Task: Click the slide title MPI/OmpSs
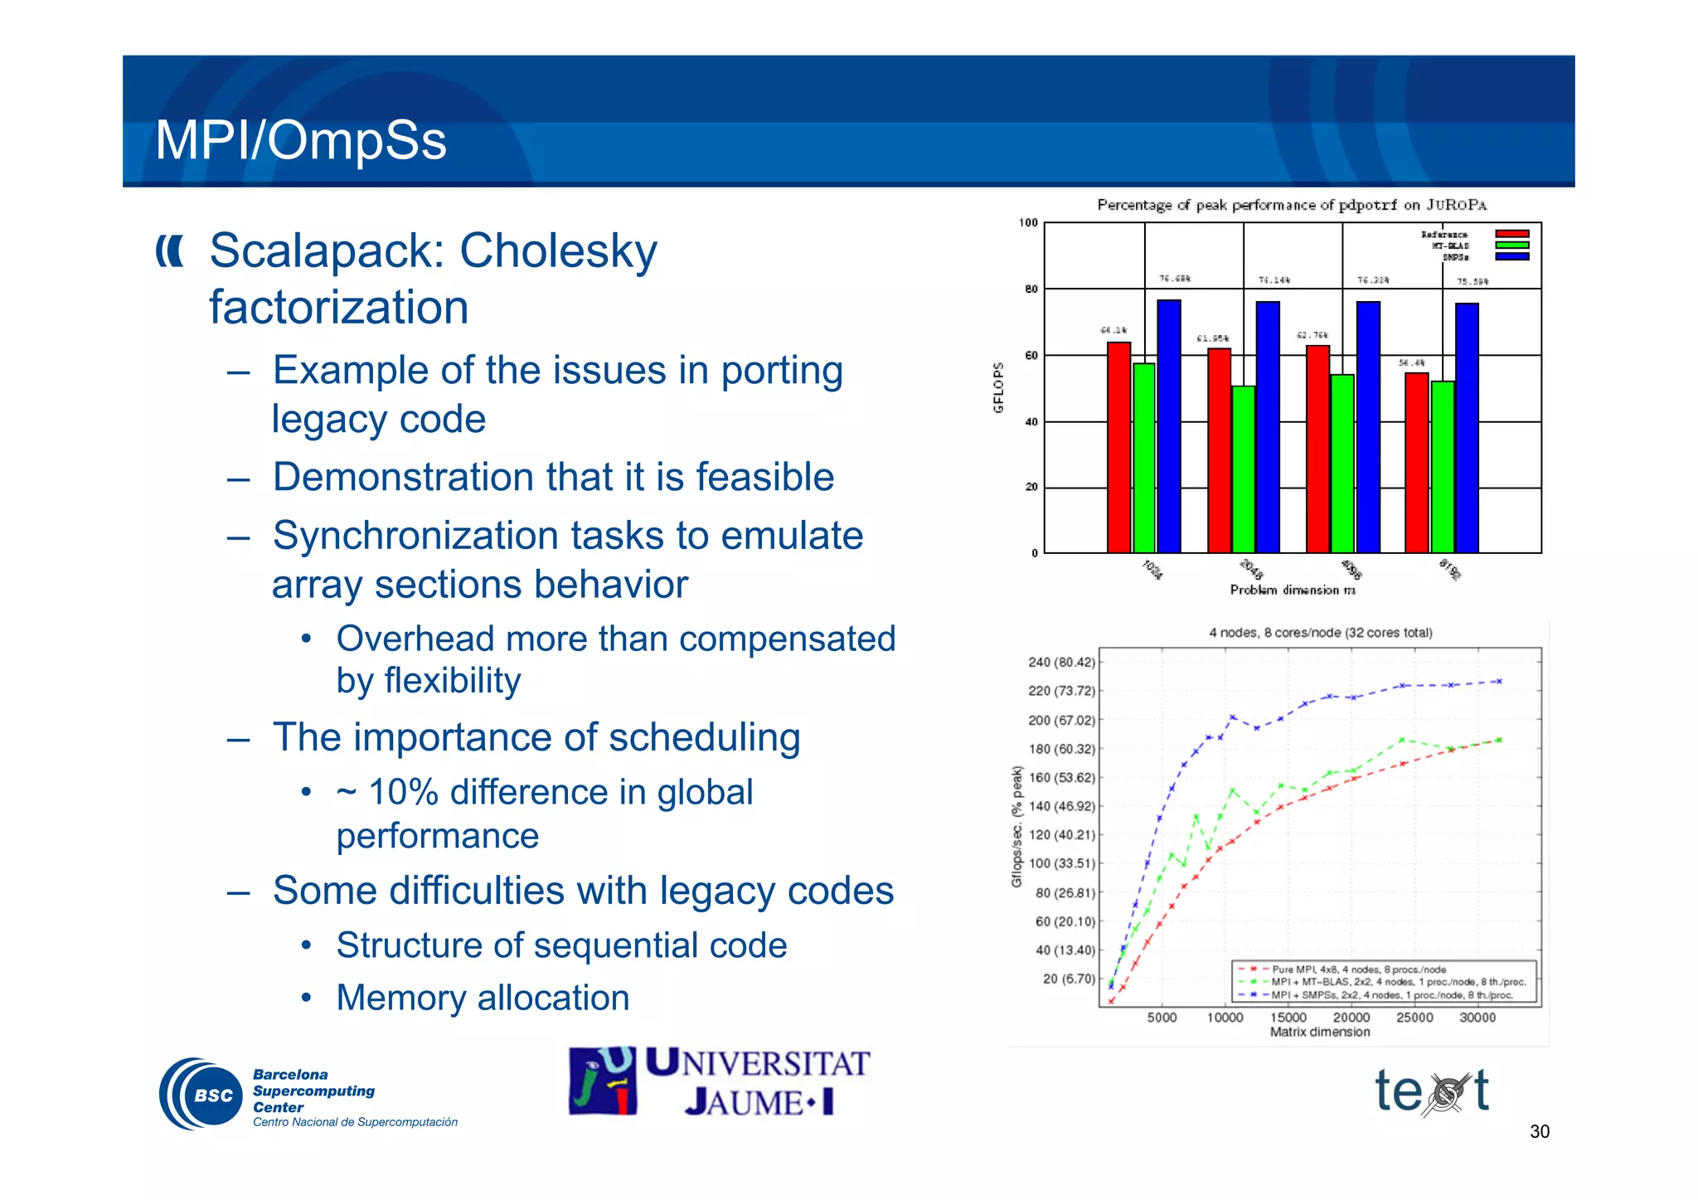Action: (300, 140)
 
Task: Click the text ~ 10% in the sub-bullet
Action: (388, 792)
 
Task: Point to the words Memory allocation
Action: (483, 998)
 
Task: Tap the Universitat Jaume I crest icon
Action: (602, 1081)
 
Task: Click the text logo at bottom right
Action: (1432, 1091)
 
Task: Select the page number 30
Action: (1539, 1132)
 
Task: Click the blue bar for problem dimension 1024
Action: (1169, 426)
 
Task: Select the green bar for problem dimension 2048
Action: (1243, 469)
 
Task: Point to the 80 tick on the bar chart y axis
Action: (1031, 289)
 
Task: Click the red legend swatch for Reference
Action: (1511, 235)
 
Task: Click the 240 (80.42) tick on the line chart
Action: (1061, 663)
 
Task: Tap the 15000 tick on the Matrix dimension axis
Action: (1288, 1018)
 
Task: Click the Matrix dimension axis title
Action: (1320, 1032)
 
